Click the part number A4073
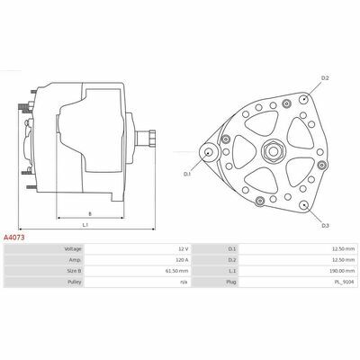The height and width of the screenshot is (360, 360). [x=13, y=238]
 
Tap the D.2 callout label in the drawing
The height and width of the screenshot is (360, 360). [x=325, y=78]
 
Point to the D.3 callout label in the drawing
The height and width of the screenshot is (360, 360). [x=326, y=226]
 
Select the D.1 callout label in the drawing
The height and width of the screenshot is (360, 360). [x=187, y=174]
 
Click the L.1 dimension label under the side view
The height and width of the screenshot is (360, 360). [x=85, y=225]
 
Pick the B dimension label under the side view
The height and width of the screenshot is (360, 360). [x=90, y=214]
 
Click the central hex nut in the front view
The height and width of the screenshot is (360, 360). [x=273, y=151]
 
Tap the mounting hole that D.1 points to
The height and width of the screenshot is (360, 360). [x=208, y=152]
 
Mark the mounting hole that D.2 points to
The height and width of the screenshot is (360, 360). [x=304, y=99]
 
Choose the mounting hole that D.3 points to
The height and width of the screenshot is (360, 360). [x=304, y=205]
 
